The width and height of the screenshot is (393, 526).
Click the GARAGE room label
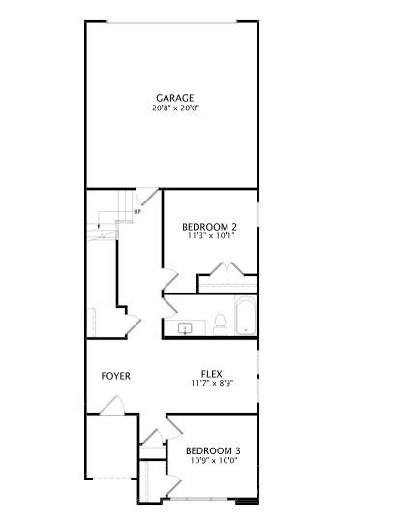pos(175,98)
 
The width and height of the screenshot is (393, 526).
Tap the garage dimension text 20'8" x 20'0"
pos(175,108)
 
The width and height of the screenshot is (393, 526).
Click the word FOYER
pos(116,376)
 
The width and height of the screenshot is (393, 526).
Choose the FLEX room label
pos(212,374)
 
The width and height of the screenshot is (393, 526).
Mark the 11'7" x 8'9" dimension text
pos(212,384)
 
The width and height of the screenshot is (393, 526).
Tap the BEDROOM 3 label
pos(213,450)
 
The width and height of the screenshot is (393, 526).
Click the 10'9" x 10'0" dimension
pos(213,460)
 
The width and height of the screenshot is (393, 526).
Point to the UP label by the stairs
pos(137,212)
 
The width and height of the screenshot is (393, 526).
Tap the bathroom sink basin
pos(185,329)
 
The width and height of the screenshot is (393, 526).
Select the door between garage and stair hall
pos(143,195)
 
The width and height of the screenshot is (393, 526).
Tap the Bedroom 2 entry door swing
pos(169,282)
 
